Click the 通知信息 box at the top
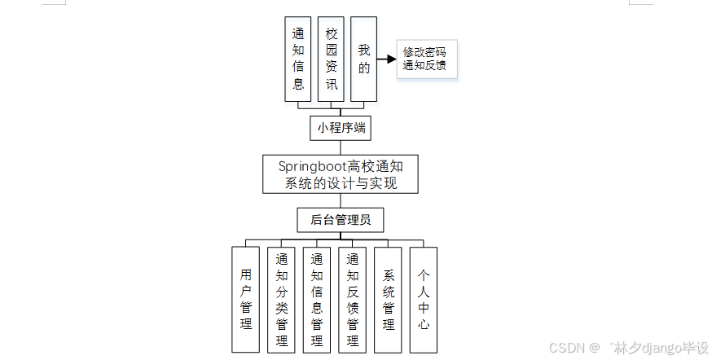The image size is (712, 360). (297, 59)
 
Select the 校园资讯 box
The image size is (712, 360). (331, 59)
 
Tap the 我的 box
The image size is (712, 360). (363, 59)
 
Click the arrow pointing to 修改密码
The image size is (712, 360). (386, 59)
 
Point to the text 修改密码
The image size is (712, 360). (424, 52)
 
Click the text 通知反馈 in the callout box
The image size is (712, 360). (424, 65)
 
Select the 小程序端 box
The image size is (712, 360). (340, 128)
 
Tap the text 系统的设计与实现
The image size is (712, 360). (341, 183)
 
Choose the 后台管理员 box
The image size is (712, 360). (340, 220)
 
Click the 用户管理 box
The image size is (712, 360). (245, 300)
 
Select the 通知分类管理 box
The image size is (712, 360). (281, 300)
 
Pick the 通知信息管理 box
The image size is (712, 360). (317, 300)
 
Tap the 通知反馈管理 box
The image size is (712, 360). (352, 300)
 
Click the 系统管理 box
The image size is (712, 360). (388, 300)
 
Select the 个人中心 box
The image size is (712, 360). (424, 300)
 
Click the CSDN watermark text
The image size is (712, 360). (569, 347)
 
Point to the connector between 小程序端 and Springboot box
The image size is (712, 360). (341, 147)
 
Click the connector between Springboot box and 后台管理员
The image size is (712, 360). (341, 200)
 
